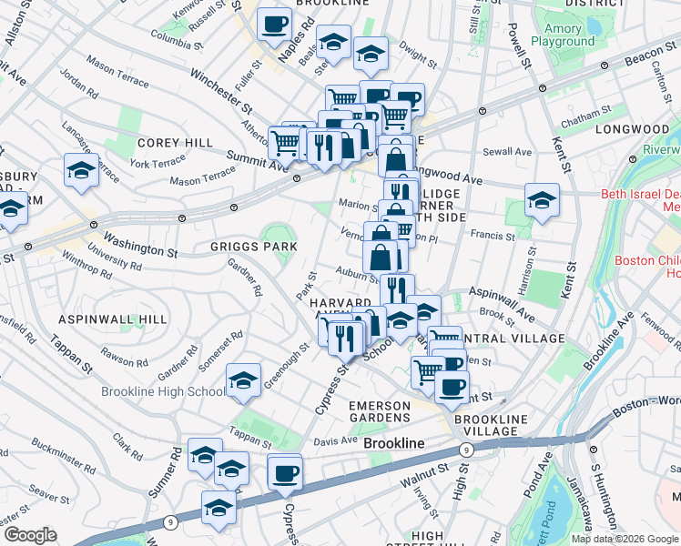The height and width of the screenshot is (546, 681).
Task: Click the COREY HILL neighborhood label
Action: tap(175, 143)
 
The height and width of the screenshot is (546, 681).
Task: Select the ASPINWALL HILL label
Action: tap(113, 319)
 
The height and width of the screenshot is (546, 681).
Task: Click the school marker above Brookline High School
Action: tap(243, 381)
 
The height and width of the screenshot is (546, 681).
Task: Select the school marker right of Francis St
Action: tap(542, 201)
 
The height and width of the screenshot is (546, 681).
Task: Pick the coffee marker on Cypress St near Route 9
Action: tap(285, 473)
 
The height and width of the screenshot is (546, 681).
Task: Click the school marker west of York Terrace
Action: tap(81, 171)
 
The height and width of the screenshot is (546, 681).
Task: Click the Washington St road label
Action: tap(139, 244)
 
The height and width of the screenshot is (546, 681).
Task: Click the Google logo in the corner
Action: tap(30, 535)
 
